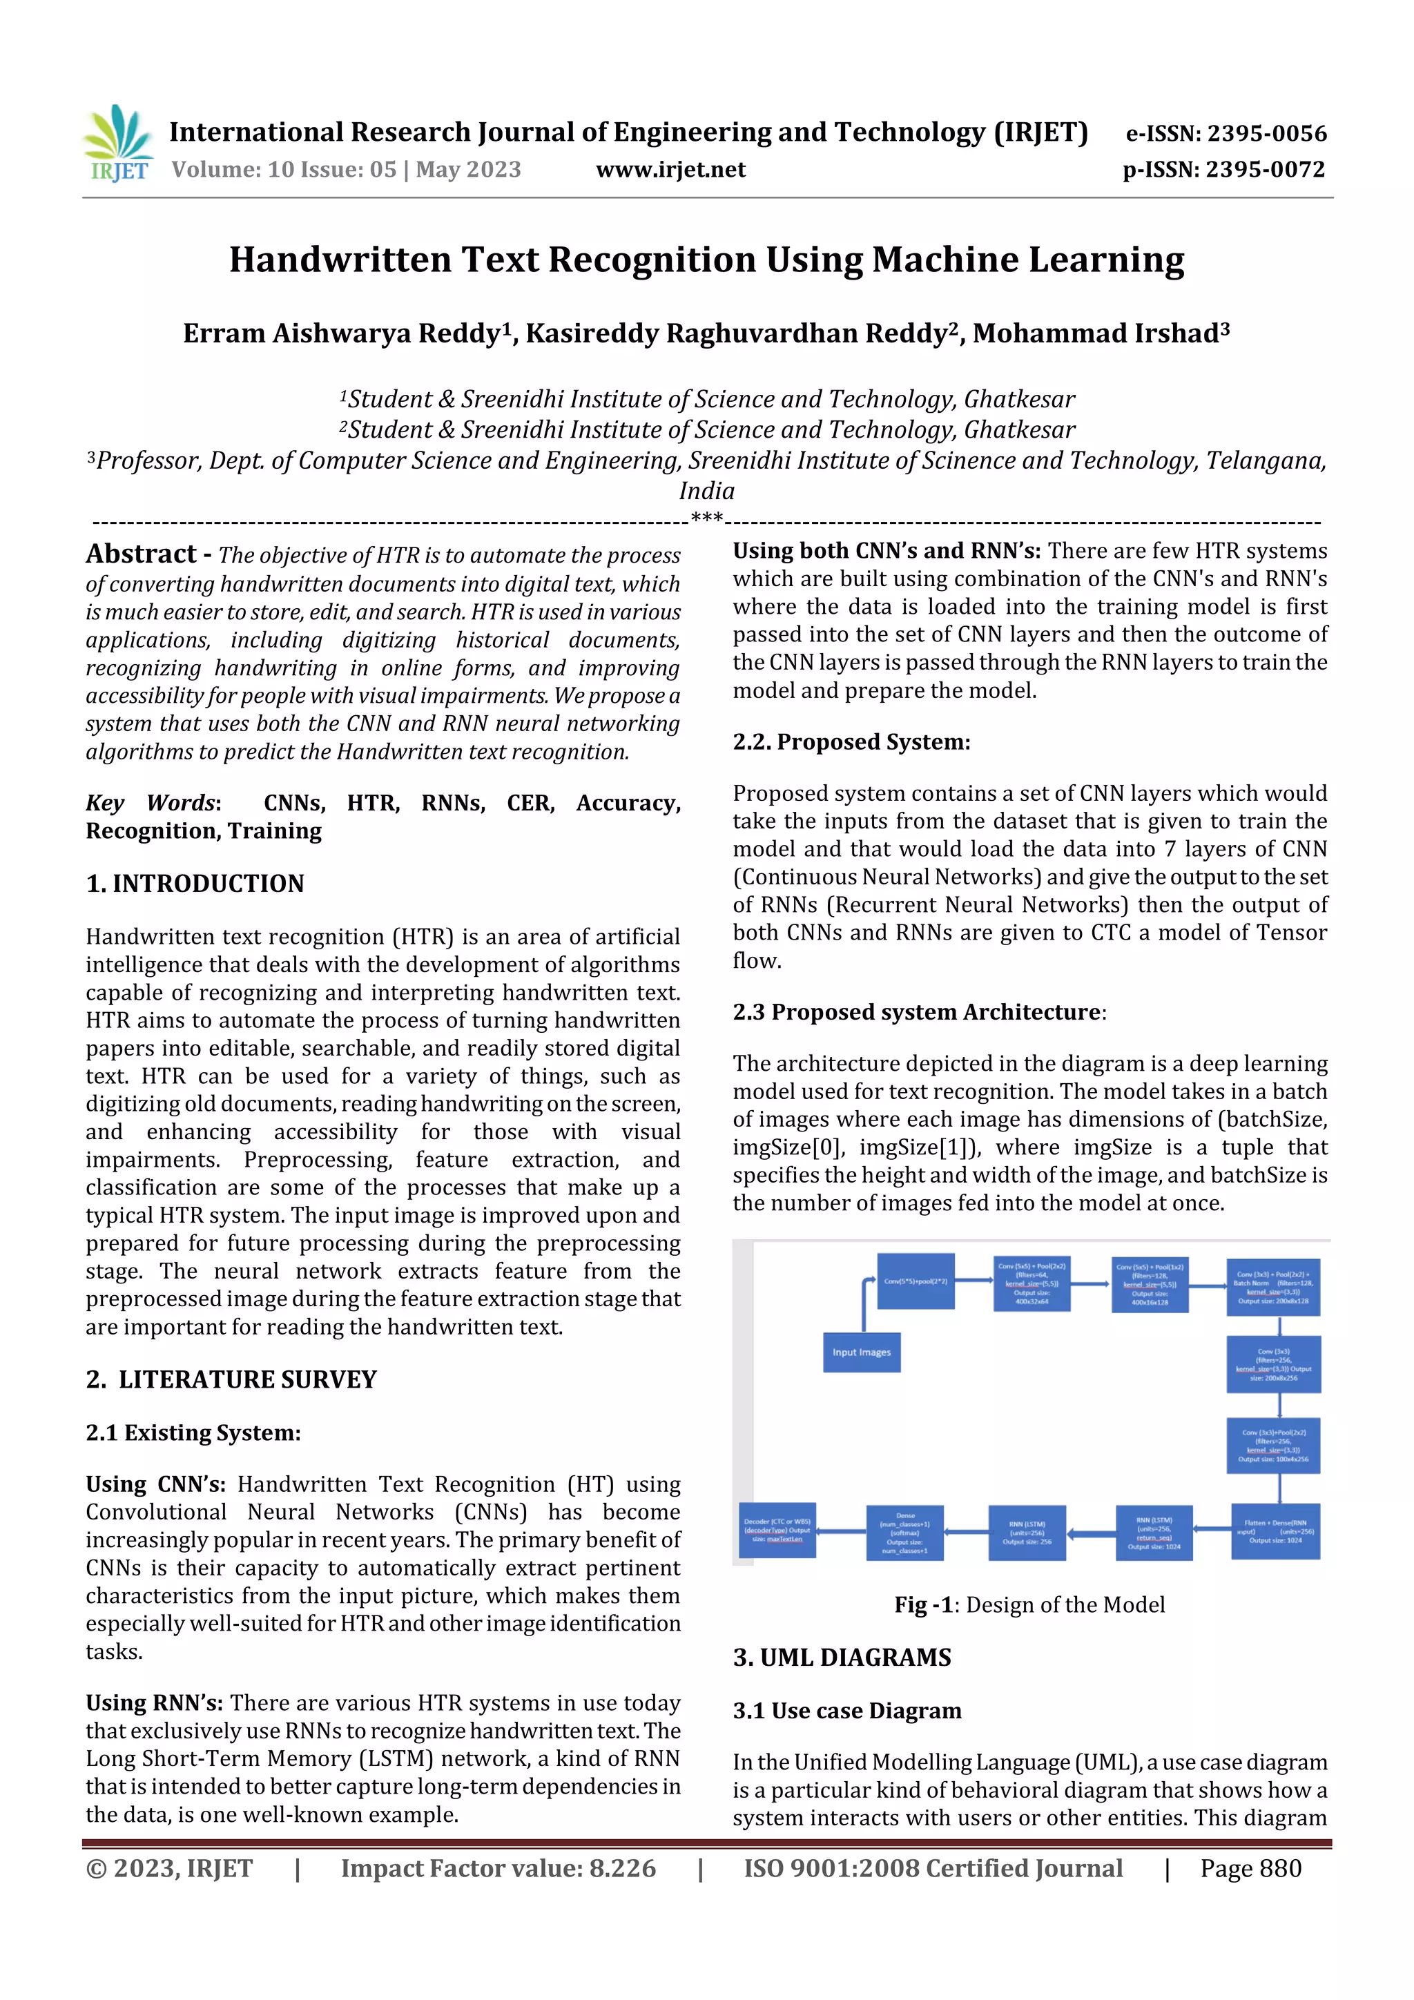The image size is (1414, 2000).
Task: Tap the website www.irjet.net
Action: pyautogui.click(x=670, y=169)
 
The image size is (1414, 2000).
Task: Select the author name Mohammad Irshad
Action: pyautogui.click(x=1101, y=333)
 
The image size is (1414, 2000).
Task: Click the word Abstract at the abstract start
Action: pyautogui.click(x=141, y=554)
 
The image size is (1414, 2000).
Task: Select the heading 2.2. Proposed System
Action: pyautogui.click(x=851, y=741)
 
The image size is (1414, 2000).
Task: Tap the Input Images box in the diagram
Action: pyautogui.click(x=861, y=1352)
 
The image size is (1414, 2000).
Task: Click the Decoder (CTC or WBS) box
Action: pyautogui.click(x=777, y=1531)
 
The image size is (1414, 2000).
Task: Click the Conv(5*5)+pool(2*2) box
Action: pyautogui.click(x=915, y=1281)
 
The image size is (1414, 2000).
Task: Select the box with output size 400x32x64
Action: pyautogui.click(x=1032, y=1283)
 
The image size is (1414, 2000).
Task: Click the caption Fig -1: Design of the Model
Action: pyautogui.click(x=1029, y=1604)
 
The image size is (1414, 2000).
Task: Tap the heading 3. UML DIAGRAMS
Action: pyautogui.click(x=842, y=1657)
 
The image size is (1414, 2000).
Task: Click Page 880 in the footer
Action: pyautogui.click(x=1250, y=1867)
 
